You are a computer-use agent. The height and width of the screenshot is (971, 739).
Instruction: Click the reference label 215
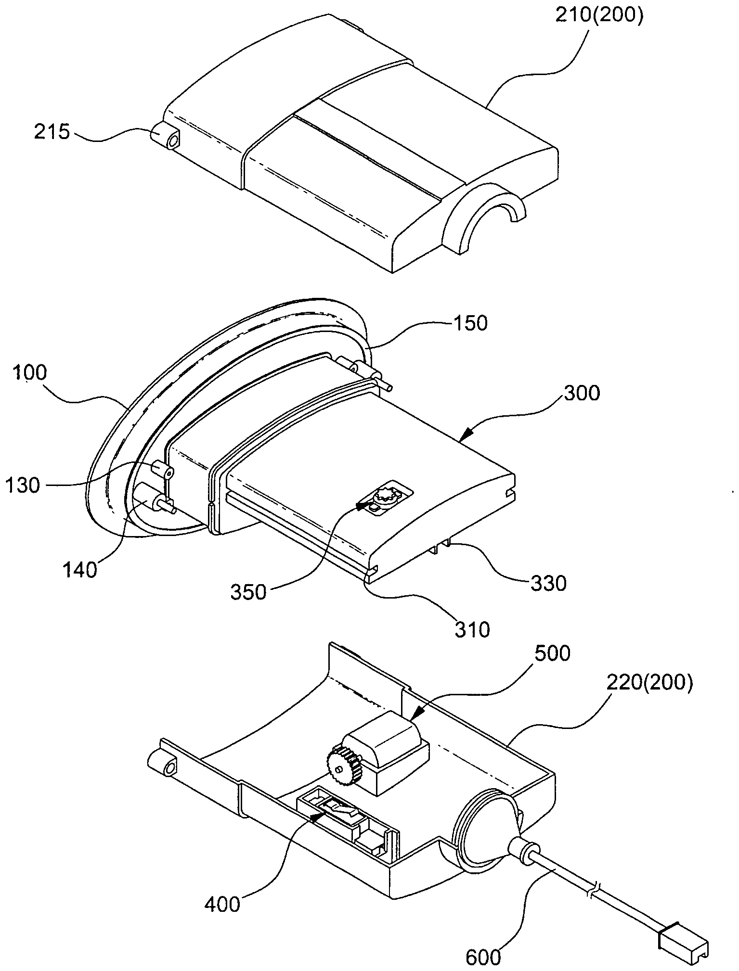point(52,132)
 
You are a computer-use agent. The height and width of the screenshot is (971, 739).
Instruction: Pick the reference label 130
point(23,485)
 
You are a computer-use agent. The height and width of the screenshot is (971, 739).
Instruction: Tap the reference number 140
point(79,571)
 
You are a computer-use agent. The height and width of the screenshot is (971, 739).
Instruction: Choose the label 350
point(248,592)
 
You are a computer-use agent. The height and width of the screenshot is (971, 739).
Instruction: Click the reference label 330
point(548,584)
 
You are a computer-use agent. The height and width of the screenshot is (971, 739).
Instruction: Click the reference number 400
point(222,905)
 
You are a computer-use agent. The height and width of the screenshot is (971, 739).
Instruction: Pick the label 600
point(483,957)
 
